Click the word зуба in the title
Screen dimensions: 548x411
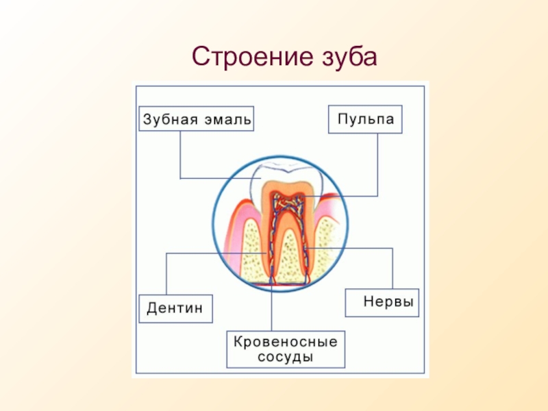(349, 57)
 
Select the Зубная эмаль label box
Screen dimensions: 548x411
(196, 119)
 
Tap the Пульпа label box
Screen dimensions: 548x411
(365, 119)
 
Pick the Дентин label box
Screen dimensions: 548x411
(175, 309)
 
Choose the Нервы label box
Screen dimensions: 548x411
(382, 303)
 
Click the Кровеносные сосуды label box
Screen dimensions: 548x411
(286, 349)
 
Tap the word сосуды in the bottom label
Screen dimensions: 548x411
(285, 357)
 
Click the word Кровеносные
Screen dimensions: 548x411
(286, 341)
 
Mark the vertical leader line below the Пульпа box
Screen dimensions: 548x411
(377, 164)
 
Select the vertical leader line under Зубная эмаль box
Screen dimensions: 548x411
(180, 155)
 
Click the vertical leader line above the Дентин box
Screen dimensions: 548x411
(166, 274)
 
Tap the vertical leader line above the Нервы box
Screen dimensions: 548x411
(393, 269)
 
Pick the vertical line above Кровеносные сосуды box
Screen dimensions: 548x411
(271, 308)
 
